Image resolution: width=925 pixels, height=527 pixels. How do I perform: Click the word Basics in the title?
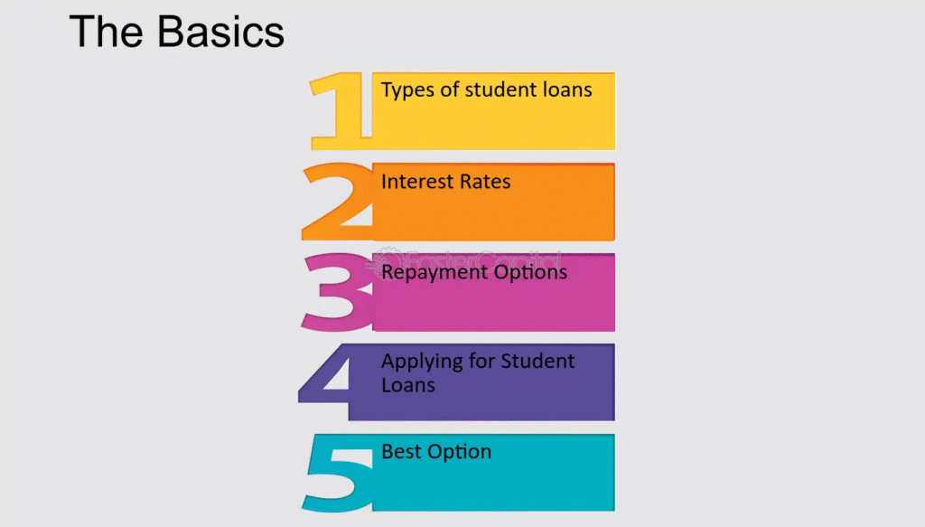point(220,32)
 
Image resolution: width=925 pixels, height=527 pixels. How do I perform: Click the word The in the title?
point(107,32)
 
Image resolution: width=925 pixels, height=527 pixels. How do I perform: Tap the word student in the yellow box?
point(502,89)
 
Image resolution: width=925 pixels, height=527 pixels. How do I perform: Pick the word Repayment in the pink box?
point(434,273)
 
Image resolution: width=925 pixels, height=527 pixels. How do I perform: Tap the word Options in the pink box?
point(530,273)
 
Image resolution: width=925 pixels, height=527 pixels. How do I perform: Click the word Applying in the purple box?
point(422,362)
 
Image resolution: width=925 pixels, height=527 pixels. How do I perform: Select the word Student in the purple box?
point(538,361)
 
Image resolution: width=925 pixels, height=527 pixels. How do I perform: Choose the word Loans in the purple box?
point(408,385)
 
